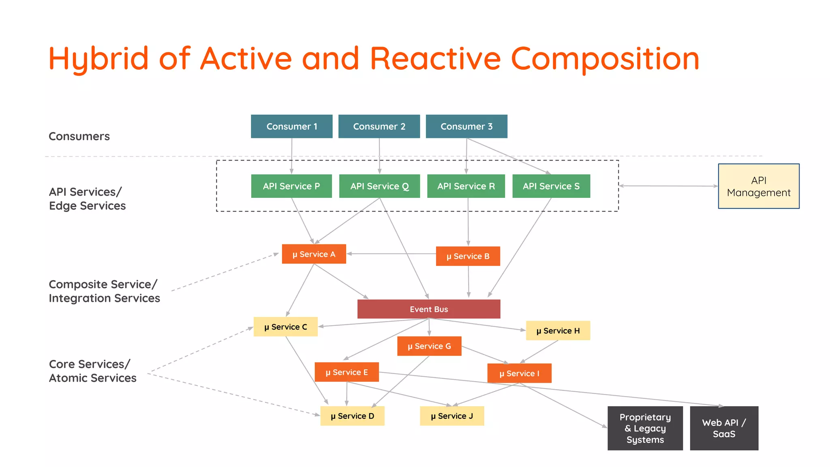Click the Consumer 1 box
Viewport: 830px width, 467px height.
(x=291, y=126)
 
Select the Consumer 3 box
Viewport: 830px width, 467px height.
(x=466, y=126)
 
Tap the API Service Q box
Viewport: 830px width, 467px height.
(x=379, y=186)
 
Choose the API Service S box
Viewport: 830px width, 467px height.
(x=551, y=186)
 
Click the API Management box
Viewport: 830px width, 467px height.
(x=759, y=186)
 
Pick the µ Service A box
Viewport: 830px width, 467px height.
(x=314, y=254)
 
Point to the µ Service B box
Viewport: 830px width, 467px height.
(x=468, y=256)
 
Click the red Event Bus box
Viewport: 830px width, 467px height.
(x=429, y=309)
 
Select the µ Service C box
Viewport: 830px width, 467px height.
(x=285, y=327)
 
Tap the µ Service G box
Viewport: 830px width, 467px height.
(x=429, y=346)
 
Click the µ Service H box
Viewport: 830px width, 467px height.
(x=558, y=331)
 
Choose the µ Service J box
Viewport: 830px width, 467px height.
(x=452, y=416)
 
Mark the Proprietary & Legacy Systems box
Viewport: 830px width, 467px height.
(x=645, y=428)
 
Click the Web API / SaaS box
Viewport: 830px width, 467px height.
(x=724, y=428)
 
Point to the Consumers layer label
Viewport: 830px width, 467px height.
(x=79, y=136)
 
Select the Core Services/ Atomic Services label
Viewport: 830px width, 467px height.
(x=92, y=371)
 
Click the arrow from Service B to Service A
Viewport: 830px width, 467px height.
(x=391, y=254)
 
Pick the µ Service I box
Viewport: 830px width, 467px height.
(x=519, y=373)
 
